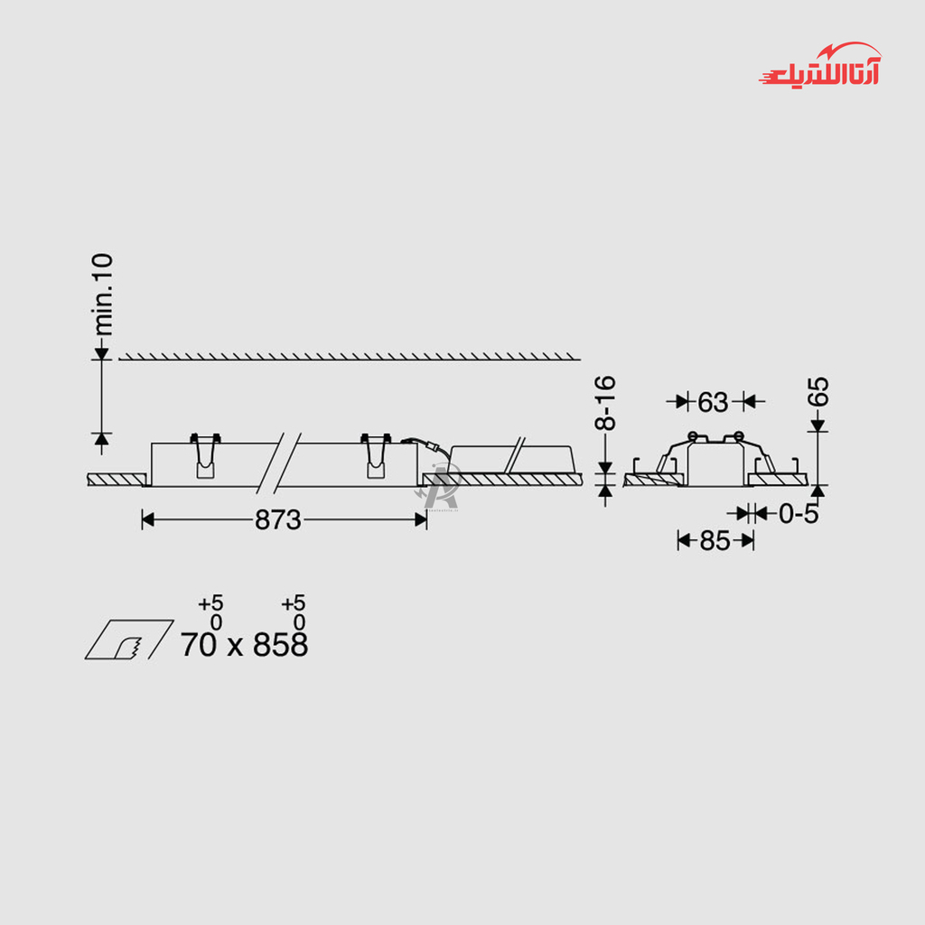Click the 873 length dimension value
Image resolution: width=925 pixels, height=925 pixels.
click(x=278, y=520)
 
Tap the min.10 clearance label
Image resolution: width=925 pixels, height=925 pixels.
click(x=103, y=294)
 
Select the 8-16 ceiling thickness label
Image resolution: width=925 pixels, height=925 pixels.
click(x=606, y=403)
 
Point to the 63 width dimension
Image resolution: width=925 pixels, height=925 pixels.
click(x=713, y=402)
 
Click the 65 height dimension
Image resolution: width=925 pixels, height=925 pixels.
click(x=818, y=391)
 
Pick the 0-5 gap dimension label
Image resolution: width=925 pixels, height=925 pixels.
click(x=799, y=514)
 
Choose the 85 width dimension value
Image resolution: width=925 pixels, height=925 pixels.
click(x=715, y=540)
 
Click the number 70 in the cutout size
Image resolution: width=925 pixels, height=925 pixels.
click(x=198, y=644)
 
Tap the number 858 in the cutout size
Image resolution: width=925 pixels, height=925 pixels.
click(x=280, y=644)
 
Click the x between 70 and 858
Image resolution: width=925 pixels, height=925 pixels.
click(x=235, y=647)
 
